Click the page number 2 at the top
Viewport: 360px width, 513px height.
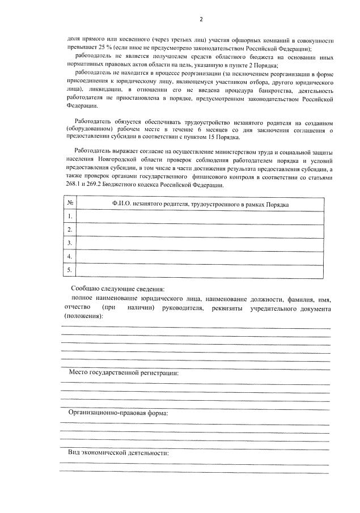[201, 20]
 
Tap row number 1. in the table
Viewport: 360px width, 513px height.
[69, 217]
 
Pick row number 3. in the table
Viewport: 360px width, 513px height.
[69, 243]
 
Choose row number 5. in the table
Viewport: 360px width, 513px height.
[69, 270]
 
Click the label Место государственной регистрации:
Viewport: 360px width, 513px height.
[124, 372]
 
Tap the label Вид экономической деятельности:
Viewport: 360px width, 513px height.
[118, 453]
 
